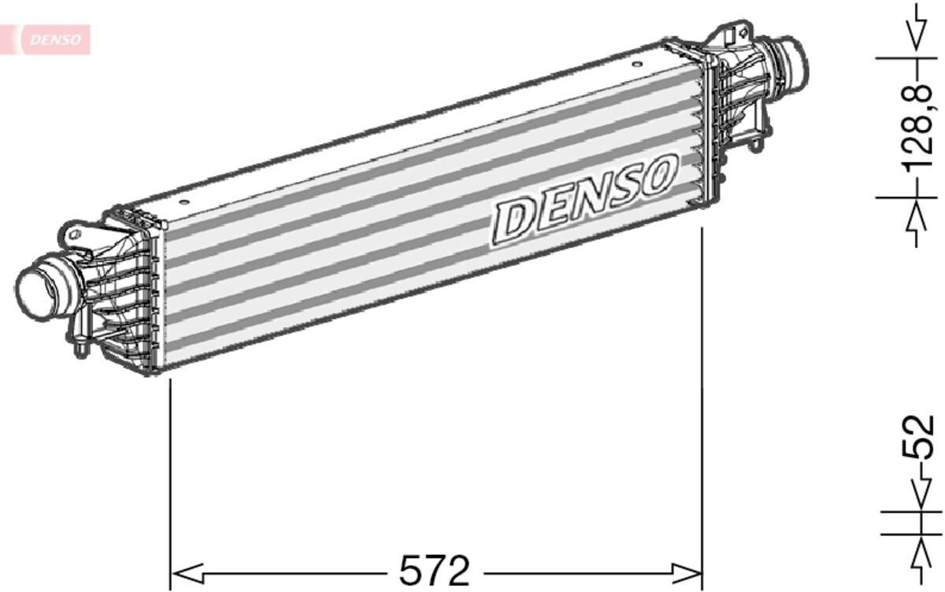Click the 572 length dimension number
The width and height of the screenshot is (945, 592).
pos(434,571)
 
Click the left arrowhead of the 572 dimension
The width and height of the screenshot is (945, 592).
pos(188,573)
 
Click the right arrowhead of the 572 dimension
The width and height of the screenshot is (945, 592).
pos(686,573)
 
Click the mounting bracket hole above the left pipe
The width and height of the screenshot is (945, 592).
pos(76,235)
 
